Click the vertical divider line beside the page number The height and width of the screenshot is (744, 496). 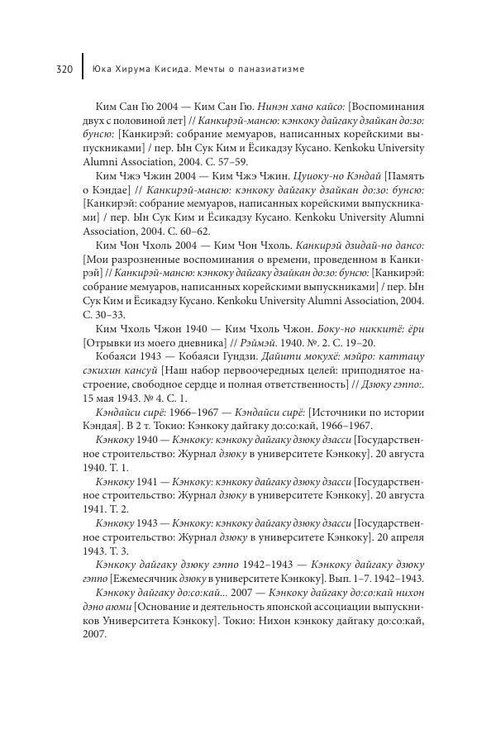83,68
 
